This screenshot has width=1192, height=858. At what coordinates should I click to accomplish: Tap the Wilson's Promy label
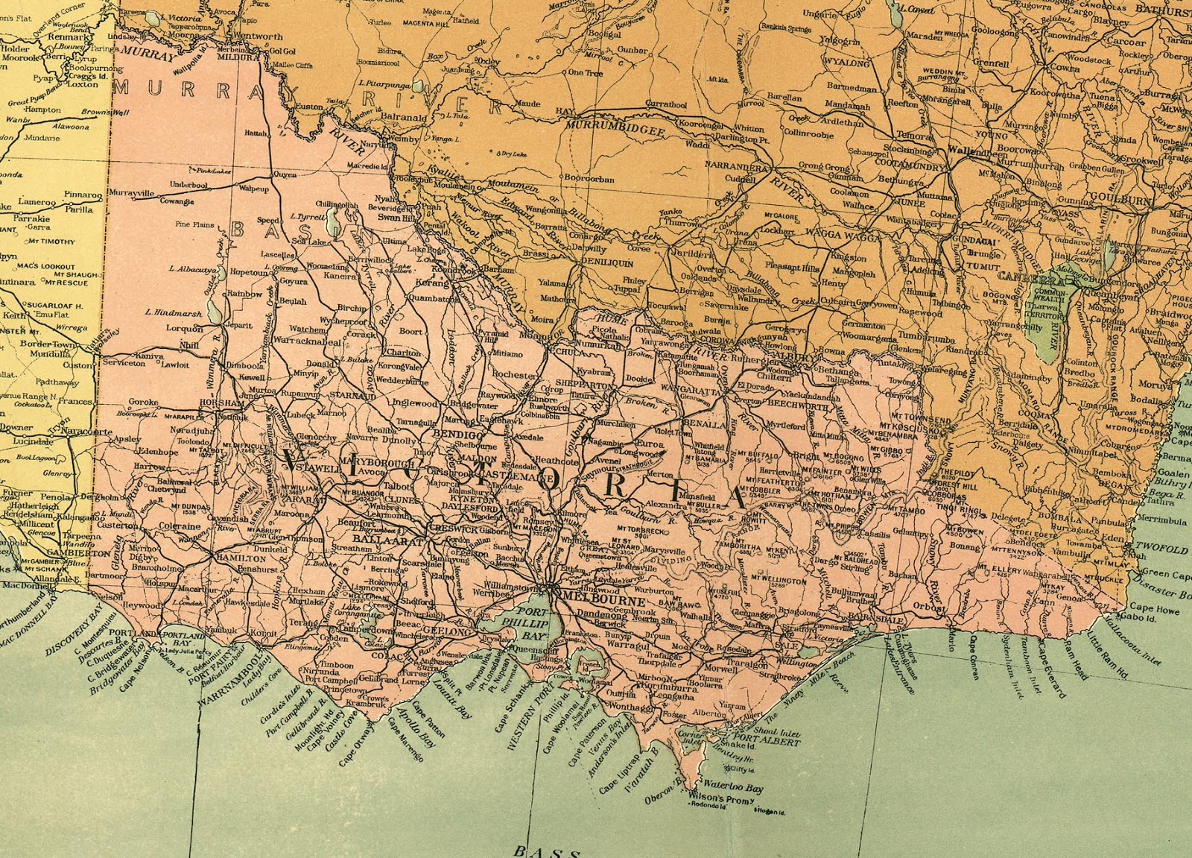pyautogui.click(x=716, y=801)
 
